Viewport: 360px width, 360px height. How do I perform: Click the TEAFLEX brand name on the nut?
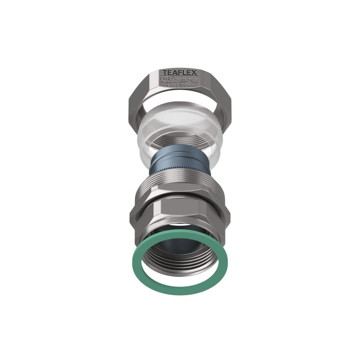(180, 72)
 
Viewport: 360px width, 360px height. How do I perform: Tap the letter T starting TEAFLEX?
(164, 72)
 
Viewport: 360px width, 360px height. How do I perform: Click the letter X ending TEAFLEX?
(196, 72)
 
